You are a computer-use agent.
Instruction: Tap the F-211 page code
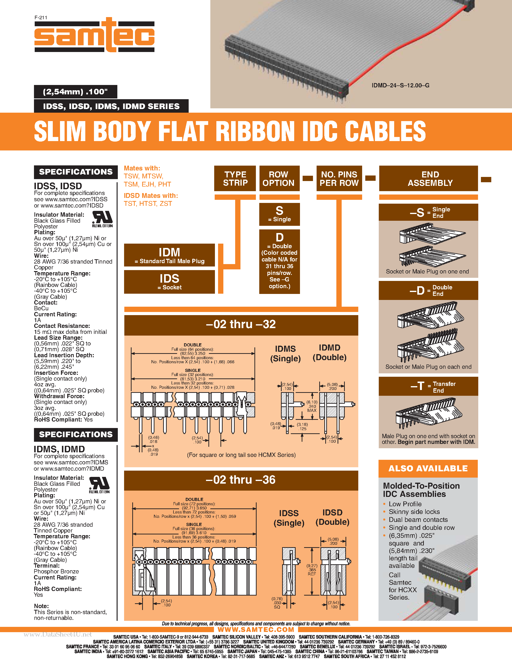pyautogui.click(x=41, y=18)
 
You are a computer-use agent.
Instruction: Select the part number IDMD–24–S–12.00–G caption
pyautogui.click(x=400, y=85)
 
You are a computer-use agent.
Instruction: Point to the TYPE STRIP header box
pyautogui.click(x=235, y=179)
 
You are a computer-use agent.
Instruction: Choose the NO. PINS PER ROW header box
pyautogui.click(x=339, y=179)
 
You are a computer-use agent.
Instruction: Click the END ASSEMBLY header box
pyautogui.click(x=430, y=179)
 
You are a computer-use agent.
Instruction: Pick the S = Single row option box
pyautogui.click(x=279, y=214)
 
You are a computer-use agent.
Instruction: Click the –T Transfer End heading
pyautogui.click(x=428, y=386)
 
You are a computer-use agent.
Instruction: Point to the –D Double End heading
pyautogui.click(x=428, y=290)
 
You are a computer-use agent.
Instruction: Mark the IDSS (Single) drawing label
pyautogui.click(x=289, y=518)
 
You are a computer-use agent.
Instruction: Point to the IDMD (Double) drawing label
pyautogui.click(x=329, y=352)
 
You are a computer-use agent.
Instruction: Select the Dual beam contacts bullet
pyautogui.click(x=418, y=519)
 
